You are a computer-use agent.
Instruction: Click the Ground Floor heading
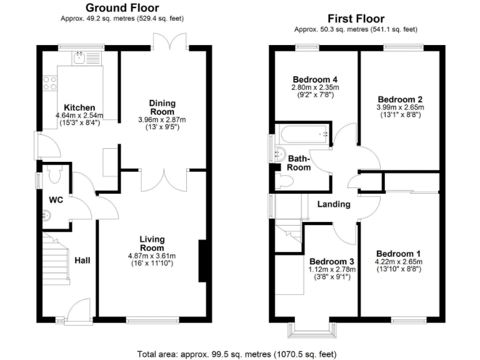pos(122,8)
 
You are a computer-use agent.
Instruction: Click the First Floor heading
pos(356,19)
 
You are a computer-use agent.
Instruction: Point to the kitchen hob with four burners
pos(49,83)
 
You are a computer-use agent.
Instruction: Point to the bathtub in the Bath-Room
pos(303,134)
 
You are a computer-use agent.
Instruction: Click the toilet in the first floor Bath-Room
pos(286,181)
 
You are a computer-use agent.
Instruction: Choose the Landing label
pos(333,204)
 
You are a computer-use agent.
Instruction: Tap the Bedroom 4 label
pos(316,79)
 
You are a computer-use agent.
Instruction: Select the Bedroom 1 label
pos(399,253)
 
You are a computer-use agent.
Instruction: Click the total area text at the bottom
pos(240,352)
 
